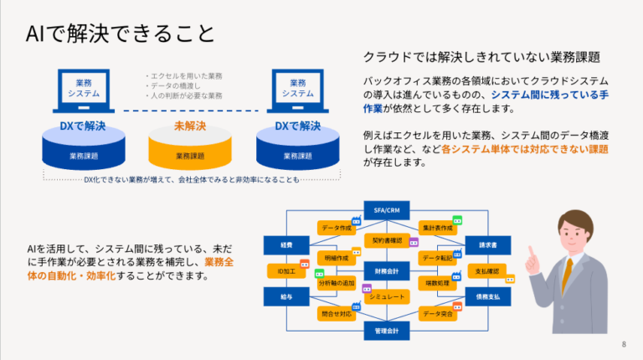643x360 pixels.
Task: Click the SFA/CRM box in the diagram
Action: click(x=386, y=208)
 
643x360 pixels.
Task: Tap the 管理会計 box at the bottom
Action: click(x=386, y=332)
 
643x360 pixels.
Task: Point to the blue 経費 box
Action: click(x=276, y=245)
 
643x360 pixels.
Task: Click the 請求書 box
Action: click(x=488, y=245)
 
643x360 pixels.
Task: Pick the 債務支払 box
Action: click(x=488, y=297)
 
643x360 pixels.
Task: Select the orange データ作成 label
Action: click(x=336, y=228)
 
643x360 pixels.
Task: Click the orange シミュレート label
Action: click(x=387, y=297)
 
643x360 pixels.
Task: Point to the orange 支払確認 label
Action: click(x=486, y=271)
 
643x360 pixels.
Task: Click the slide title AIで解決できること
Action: click(x=120, y=33)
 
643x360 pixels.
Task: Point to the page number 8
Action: click(x=623, y=344)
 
